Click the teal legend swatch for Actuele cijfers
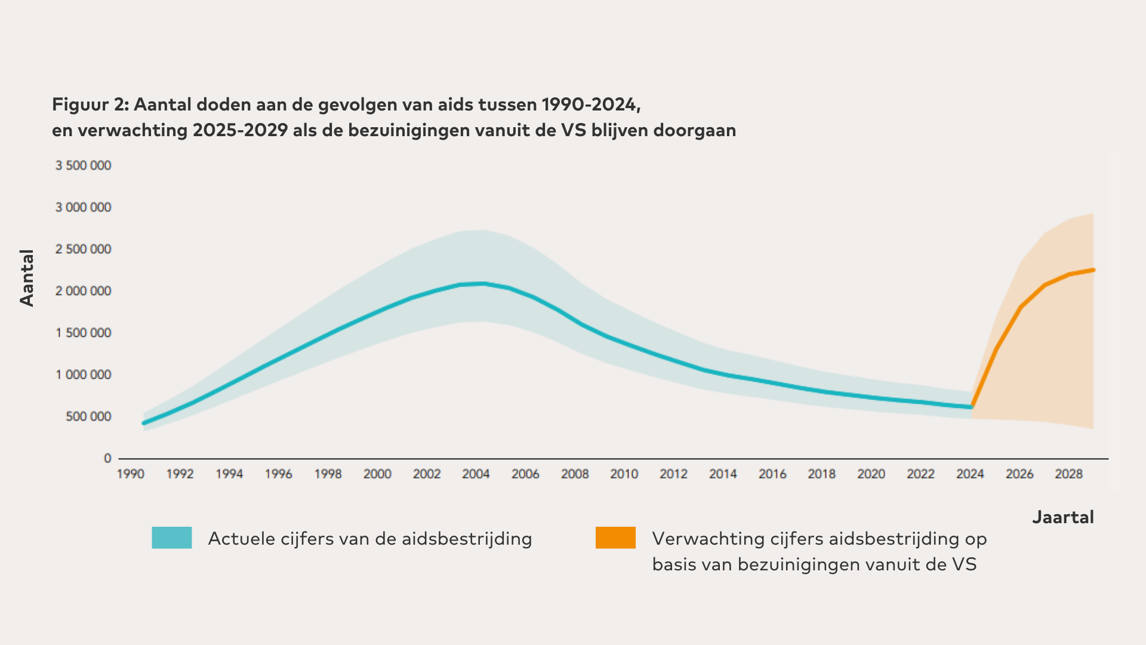pyautogui.click(x=172, y=537)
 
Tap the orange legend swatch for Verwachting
pyautogui.click(x=615, y=537)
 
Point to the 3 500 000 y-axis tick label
pyautogui.click(x=84, y=165)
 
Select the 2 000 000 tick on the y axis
pyautogui.click(x=84, y=291)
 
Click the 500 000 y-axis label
pyautogui.click(x=88, y=416)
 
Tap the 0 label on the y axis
pyautogui.click(x=107, y=458)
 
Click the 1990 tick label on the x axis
pyautogui.click(x=131, y=474)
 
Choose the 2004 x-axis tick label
pyautogui.click(x=476, y=474)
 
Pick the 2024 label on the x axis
pyautogui.click(x=970, y=474)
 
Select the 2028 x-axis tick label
pyautogui.click(x=1068, y=474)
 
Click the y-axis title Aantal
pyautogui.click(x=27, y=278)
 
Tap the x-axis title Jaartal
pyautogui.click(x=1063, y=517)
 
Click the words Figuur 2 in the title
pyautogui.click(x=90, y=105)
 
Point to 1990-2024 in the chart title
pyautogui.click(x=590, y=105)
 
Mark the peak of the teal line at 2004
pyautogui.click(x=482, y=283)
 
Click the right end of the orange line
pyautogui.click(x=1093, y=270)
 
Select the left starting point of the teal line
pyautogui.click(x=144, y=423)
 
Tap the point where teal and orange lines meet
pyautogui.click(x=972, y=407)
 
